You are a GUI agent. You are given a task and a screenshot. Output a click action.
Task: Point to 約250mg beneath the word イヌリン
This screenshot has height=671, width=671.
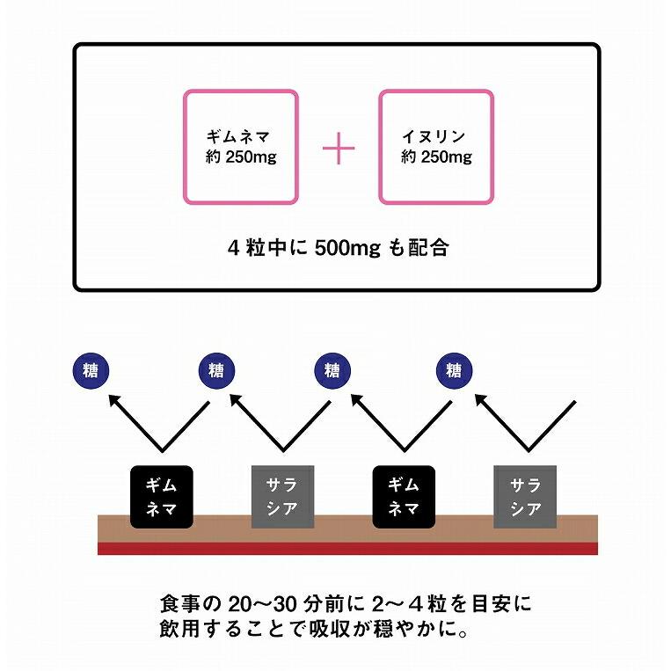[x=436, y=158]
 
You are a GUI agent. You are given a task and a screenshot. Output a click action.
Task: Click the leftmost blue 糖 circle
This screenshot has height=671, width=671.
[x=88, y=370]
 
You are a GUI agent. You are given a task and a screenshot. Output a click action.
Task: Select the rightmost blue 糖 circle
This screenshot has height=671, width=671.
[x=454, y=370]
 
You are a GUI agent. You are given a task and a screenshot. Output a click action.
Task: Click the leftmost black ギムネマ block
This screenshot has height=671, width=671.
[x=160, y=496]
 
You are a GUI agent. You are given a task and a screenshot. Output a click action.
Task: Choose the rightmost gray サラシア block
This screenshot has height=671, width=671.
[x=525, y=496]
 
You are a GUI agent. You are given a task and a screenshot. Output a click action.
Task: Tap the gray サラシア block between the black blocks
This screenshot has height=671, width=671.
[x=282, y=496]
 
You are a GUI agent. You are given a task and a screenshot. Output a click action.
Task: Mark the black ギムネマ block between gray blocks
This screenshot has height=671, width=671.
[x=404, y=496]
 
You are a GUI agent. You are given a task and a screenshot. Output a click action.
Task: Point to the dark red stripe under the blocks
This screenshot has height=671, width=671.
[x=347, y=548]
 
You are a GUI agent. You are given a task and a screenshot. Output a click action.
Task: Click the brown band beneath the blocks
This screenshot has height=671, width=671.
[x=347, y=533]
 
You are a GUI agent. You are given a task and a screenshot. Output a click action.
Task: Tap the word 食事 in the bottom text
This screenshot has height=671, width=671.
[x=179, y=606]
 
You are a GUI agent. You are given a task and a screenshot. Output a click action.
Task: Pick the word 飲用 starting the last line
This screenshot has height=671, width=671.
[x=179, y=631]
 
